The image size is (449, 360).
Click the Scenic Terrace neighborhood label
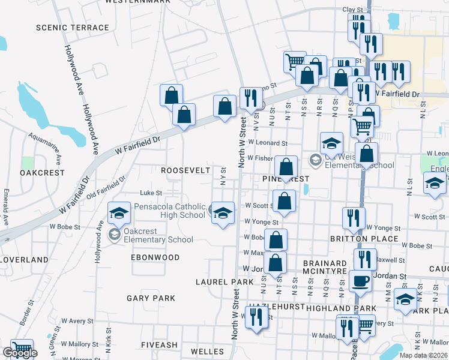click(x=73, y=28)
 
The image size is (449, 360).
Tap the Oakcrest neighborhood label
click(x=42, y=172)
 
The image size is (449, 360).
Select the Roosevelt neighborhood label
click(x=185, y=170)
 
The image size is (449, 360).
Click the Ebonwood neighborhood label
click(x=155, y=257)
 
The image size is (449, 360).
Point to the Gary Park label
click(x=151, y=298)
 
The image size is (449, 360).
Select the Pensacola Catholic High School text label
click(x=169, y=211)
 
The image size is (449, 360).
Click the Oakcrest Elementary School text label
click(x=158, y=235)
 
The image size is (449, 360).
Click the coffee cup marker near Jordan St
click(x=360, y=280)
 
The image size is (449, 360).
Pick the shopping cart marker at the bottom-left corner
click(x=22, y=347)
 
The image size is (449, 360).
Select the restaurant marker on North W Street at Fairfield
click(x=250, y=98)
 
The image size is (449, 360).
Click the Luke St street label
click(x=151, y=193)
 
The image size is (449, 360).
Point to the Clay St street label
click(x=353, y=10)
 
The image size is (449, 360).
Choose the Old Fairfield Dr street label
click(x=106, y=188)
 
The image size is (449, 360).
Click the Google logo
click(x=20, y=353)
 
